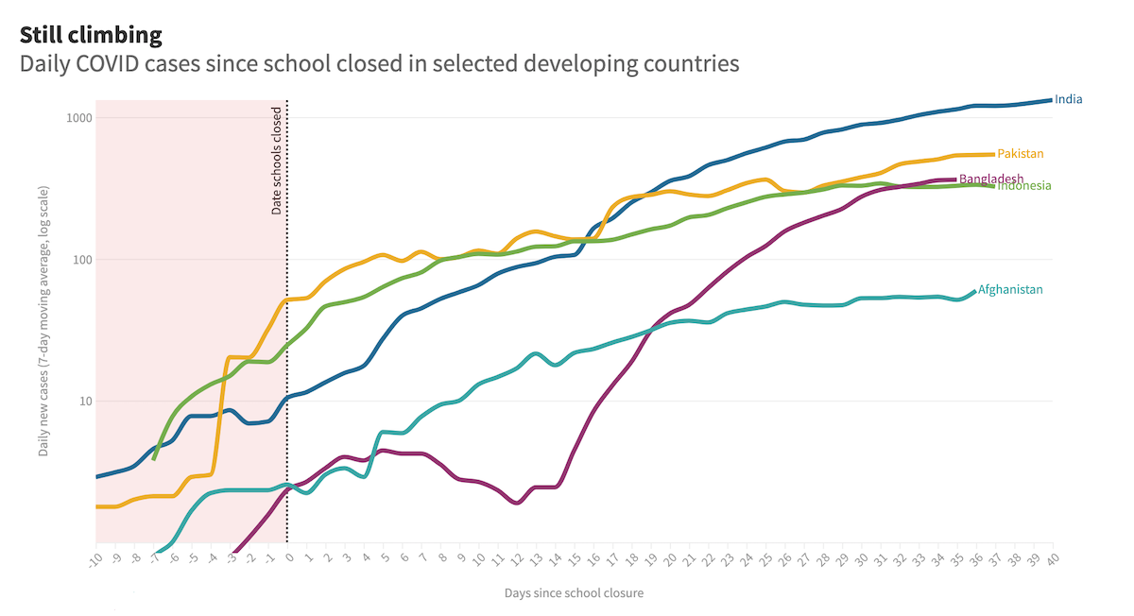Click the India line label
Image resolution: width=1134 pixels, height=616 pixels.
(x=1069, y=99)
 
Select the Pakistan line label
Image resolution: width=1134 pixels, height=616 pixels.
(x=1021, y=154)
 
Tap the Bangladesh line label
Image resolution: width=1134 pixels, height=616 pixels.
(x=990, y=179)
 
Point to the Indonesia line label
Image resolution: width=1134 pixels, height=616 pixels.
(x=1024, y=186)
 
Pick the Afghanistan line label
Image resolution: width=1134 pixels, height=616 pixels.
(x=1010, y=290)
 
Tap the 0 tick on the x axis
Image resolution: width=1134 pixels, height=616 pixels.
(x=289, y=557)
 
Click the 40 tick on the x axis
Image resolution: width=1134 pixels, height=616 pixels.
(x=1051, y=558)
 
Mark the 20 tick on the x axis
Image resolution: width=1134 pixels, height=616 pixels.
(x=669, y=558)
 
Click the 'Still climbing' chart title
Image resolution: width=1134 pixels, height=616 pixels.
(x=91, y=36)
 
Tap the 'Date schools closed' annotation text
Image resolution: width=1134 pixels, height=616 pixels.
(x=277, y=161)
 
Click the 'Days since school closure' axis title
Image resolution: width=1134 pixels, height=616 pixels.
(x=574, y=593)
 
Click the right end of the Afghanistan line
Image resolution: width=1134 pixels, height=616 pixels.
(x=974, y=291)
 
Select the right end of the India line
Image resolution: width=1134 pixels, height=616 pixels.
(x=1051, y=100)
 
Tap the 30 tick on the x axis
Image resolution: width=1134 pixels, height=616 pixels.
(x=860, y=558)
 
